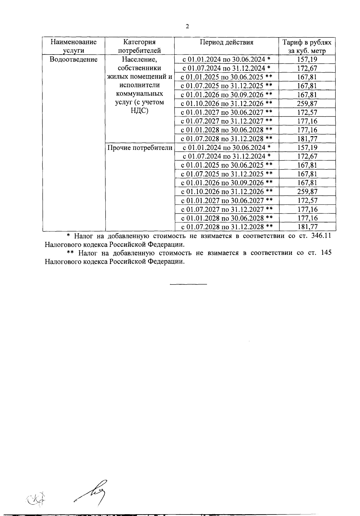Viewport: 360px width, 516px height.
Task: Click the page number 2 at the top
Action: point(187,27)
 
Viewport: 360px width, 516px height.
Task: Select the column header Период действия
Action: point(226,42)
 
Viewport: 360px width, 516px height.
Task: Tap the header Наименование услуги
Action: point(73,46)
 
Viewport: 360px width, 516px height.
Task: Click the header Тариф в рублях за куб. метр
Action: point(307,46)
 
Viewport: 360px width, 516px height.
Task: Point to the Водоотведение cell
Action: point(73,59)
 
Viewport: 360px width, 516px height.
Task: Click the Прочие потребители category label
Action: point(140,148)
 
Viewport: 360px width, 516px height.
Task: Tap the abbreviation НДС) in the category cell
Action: point(139,111)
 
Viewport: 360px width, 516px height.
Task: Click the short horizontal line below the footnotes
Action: point(188,284)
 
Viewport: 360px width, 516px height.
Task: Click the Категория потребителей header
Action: point(139,46)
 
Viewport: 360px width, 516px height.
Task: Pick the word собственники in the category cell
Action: point(139,68)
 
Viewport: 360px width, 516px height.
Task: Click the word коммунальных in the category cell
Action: point(139,94)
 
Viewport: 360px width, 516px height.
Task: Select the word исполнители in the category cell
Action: point(139,85)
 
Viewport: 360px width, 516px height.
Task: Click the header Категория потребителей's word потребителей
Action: point(139,51)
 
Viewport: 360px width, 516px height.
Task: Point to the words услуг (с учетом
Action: point(139,102)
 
